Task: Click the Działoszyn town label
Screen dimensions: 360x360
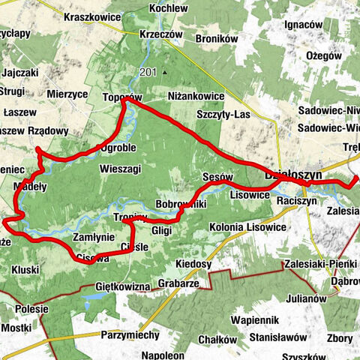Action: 293,174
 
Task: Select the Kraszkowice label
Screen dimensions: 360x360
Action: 93,16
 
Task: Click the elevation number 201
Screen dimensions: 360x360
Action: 148,72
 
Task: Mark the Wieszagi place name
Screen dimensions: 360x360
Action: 120,169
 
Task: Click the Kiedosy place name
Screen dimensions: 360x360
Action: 193,264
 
